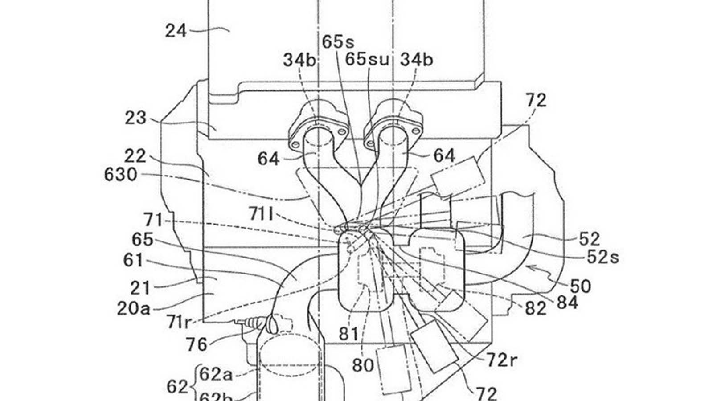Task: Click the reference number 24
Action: point(176,31)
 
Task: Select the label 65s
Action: point(338,42)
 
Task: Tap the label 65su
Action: point(368,60)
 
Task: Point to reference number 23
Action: point(135,119)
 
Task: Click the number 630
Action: point(121,175)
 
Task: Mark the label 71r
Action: point(179,321)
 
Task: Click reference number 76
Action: point(197,344)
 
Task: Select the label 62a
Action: point(216,374)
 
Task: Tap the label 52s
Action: point(602,257)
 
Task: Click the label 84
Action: point(567,303)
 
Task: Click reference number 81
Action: point(348,334)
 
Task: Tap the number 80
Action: point(363,365)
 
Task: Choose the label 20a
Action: point(134,308)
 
